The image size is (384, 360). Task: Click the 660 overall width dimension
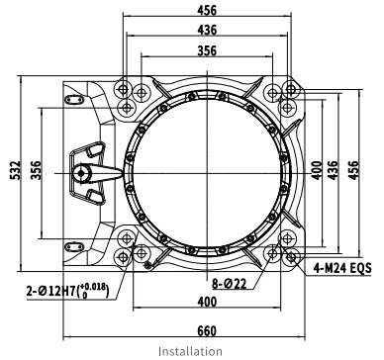pyautogui.click(x=207, y=331)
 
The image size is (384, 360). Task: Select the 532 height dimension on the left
pyautogui.click(x=15, y=170)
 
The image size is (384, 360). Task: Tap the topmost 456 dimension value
pyautogui.click(x=207, y=10)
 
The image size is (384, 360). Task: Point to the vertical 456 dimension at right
pyautogui.click(x=353, y=170)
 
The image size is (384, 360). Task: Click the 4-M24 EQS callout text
pyautogui.click(x=342, y=268)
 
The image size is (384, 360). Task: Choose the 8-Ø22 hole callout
pyautogui.click(x=230, y=284)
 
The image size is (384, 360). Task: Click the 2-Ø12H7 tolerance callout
pyautogui.click(x=67, y=291)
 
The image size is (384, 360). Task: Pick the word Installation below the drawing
pyautogui.click(x=190, y=351)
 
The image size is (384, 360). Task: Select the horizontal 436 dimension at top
pyautogui.click(x=207, y=30)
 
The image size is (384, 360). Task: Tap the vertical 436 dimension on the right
pyautogui.click(x=334, y=170)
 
